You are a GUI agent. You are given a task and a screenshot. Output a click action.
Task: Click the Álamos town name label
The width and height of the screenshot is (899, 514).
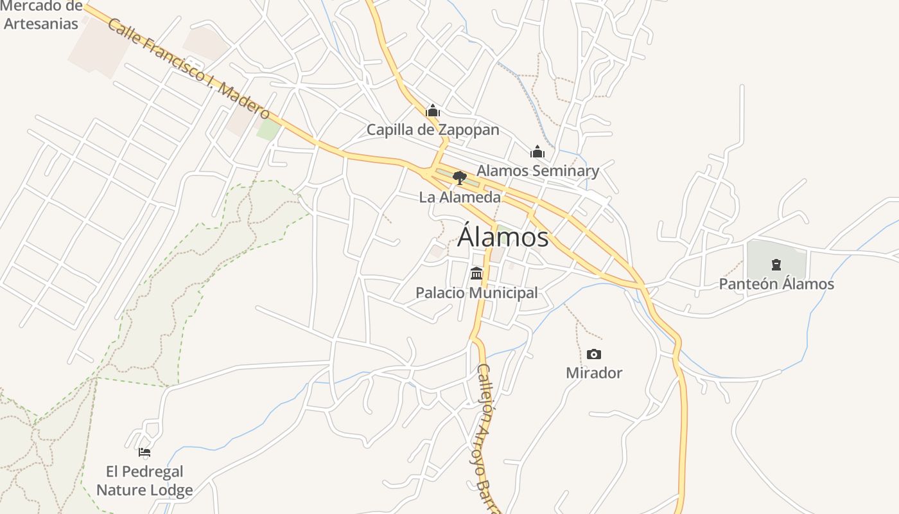(x=503, y=237)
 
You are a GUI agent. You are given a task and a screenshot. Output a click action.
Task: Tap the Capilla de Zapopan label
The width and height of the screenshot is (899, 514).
(x=433, y=130)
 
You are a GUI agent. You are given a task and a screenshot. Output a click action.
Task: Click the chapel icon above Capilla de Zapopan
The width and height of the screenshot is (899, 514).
(x=433, y=111)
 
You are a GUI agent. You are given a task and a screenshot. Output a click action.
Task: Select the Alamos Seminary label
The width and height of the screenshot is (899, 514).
(x=537, y=171)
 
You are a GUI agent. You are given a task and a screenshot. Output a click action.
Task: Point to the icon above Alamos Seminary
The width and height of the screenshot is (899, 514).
(x=537, y=152)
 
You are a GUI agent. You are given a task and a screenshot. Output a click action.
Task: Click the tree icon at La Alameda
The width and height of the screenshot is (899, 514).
(x=459, y=177)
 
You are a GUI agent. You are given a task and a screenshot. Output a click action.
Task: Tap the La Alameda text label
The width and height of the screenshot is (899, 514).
(x=460, y=197)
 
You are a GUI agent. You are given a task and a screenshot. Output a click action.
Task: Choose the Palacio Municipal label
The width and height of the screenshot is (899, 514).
(x=476, y=293)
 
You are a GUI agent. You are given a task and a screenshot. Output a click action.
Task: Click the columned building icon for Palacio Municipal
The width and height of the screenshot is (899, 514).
(x=476, y=274)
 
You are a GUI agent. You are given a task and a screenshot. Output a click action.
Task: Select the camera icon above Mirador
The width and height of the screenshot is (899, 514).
(x=594, y=354)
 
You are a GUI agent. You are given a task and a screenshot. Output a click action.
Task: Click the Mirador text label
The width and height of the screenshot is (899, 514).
(x=594, y=373)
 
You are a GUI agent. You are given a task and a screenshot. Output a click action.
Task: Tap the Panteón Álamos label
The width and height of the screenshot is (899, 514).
(x=776, y=284)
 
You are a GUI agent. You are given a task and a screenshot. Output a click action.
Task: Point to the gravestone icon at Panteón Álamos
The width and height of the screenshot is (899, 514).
(x=776, y=264)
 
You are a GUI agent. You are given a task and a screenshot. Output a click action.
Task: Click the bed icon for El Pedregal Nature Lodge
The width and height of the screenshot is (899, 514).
(x=144, y=452)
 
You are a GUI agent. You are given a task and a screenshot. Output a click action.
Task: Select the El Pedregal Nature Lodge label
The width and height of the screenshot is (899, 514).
(x=144, y=481)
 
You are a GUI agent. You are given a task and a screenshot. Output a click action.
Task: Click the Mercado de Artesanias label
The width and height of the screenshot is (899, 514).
(x=42, y=15)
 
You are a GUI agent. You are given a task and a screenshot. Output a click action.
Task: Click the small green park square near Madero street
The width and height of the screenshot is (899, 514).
(x=268, y=130)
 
